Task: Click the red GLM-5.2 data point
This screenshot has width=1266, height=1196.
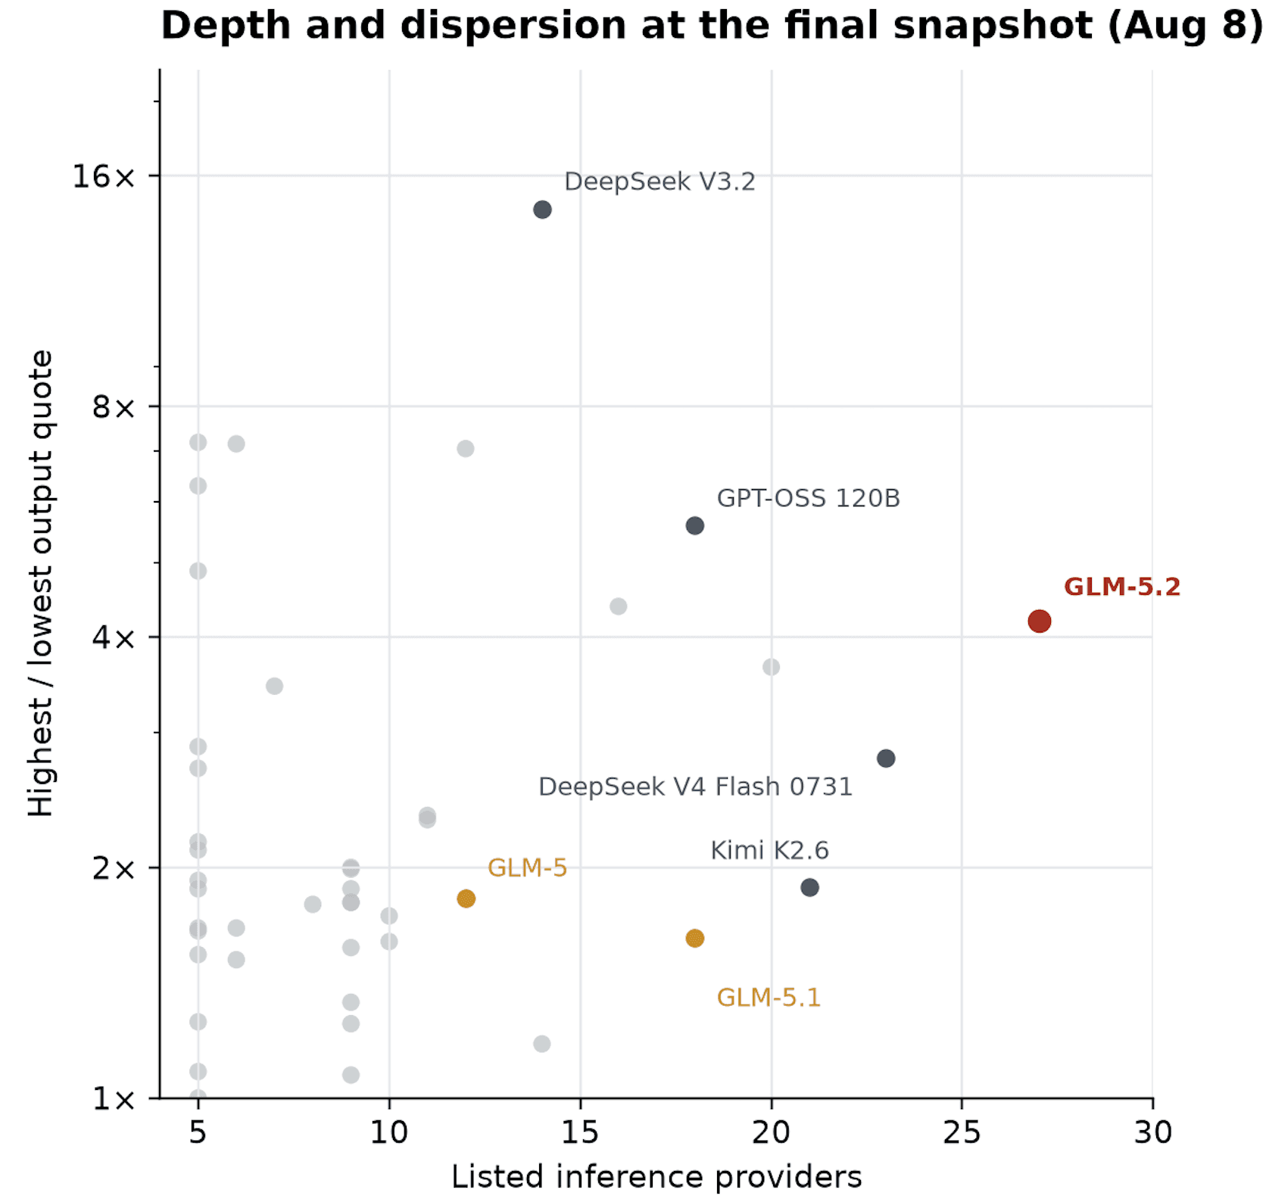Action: [1039, 621]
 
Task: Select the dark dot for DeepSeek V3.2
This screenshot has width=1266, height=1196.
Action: [542, 210]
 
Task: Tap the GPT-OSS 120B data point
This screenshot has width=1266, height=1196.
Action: [695, 525]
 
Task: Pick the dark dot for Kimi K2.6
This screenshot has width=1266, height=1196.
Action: [809, 887]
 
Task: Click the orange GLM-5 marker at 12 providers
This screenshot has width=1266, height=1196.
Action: [466, 899]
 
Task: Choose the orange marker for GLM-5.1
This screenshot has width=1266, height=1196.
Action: [695, 939]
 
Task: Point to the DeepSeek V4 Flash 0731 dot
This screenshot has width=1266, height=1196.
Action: [886, 758]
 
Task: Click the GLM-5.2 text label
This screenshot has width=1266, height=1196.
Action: [1122, 587]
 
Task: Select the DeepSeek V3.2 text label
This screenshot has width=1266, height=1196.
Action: [660, 182]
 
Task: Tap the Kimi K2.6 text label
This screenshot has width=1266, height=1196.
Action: [769, 850]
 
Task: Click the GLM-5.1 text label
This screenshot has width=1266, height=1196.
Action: [769, 997]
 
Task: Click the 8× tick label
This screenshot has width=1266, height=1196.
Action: [114, 406]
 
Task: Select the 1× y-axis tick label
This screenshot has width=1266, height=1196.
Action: [114, 1098]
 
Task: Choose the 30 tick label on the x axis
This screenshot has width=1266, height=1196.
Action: [1152, 1132]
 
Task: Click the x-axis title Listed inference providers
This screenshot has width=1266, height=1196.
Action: [656, 1177]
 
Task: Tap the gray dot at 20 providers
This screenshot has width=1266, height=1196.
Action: [771, 667]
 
